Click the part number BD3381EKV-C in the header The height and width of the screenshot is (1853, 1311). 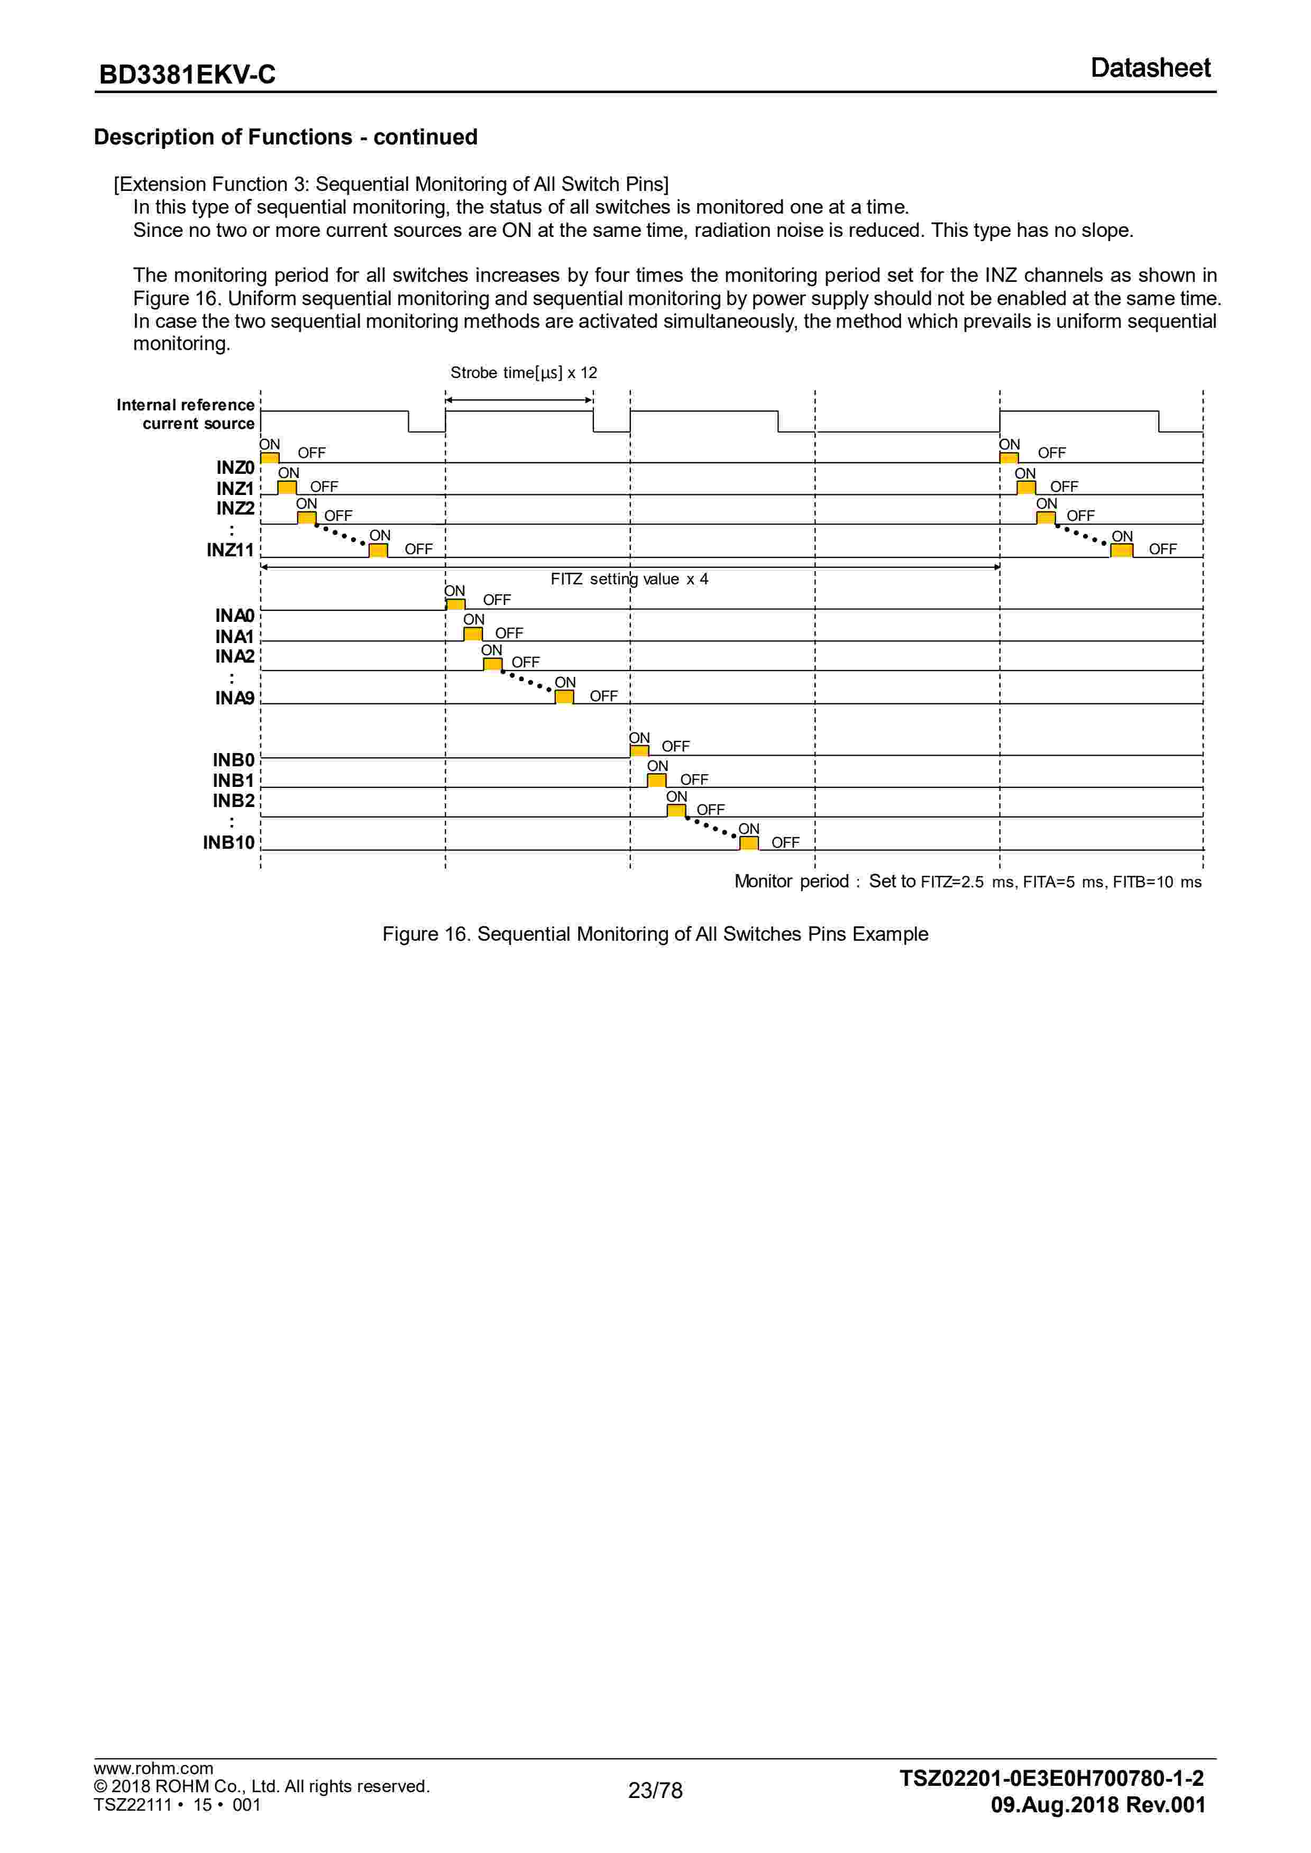187,74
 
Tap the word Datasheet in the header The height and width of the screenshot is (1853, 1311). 1150,68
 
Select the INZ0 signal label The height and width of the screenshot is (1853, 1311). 235,467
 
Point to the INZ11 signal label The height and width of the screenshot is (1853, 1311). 230,549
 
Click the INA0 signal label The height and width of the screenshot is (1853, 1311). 234,616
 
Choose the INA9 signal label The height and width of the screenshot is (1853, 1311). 234,698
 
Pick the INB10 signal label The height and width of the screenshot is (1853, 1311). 228,842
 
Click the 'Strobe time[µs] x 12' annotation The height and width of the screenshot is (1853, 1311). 523,373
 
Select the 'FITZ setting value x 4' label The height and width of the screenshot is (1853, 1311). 629,579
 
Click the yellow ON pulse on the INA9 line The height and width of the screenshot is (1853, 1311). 564,696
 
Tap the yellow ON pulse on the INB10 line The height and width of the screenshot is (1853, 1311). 749,843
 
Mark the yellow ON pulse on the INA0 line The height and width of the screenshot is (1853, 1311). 455,604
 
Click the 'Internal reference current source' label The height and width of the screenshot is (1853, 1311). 186,414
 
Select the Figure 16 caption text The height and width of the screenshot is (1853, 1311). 655,934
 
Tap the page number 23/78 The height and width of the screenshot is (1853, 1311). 655,1790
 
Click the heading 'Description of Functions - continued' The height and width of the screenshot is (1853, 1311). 286,137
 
